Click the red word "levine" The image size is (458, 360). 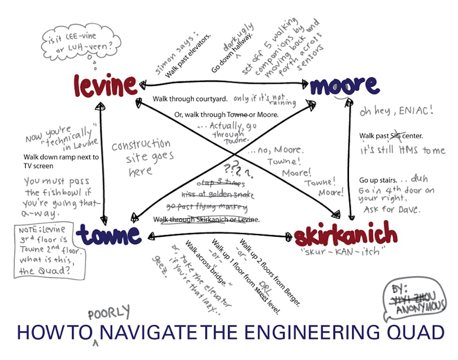click(105, 85)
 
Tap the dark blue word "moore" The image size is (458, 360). click(344, 85)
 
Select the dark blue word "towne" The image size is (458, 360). click(109, 234)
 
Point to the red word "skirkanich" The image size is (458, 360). click(345, 235)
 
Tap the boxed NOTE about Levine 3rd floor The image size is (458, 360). click(49, 251)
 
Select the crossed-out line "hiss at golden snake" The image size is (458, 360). click(218, 194)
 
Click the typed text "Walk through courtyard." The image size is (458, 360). click(190, 99)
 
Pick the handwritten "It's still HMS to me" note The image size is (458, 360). click(403, 150)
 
